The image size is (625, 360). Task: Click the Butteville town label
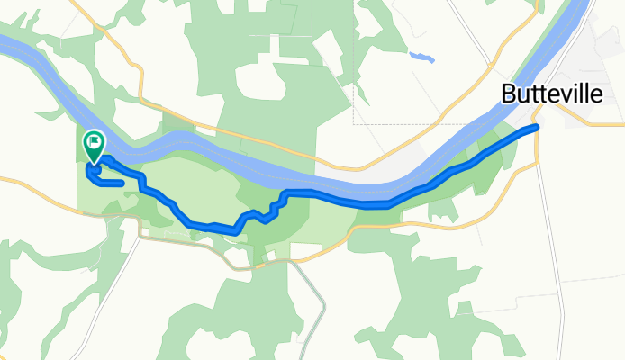552,95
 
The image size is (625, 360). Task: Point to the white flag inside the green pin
94,141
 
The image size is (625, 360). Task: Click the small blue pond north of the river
420,58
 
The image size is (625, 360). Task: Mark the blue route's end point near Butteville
536,128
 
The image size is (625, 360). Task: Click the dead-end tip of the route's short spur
121,183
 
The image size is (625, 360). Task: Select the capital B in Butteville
507,95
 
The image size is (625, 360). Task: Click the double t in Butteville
537,95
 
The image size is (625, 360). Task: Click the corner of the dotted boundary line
354,122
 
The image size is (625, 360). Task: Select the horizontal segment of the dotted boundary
405,122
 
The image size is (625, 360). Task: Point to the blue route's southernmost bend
234,231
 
